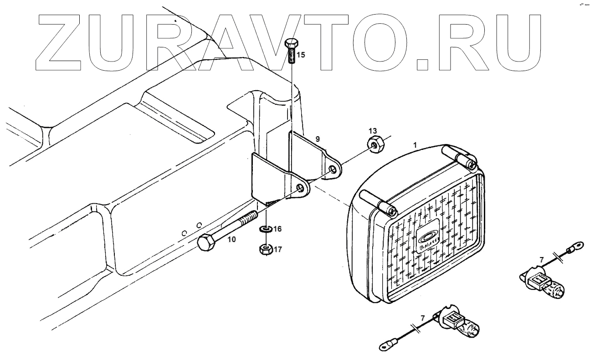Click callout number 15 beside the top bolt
[301, 56]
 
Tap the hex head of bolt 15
[291, 45]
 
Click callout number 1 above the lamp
[415, 144]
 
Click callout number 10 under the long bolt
[232, 239]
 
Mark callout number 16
[277, 229]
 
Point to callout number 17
[278, 249]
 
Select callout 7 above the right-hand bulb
[542, 260]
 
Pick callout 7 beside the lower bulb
[422, 318]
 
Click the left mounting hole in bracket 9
[300, 188]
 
